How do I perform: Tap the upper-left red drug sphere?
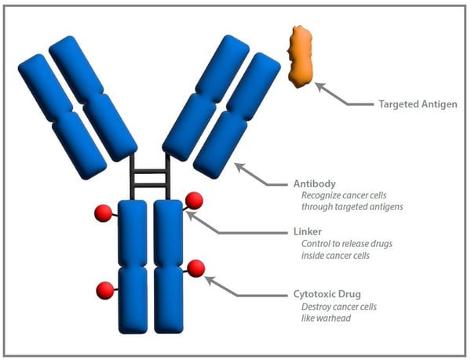103,213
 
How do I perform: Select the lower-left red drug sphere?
104,290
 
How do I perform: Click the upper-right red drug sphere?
194,201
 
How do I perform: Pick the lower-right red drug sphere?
195,268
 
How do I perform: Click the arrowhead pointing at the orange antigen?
319,86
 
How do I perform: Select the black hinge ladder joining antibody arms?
149,176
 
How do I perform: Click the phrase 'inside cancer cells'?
334,256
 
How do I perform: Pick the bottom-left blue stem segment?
132,299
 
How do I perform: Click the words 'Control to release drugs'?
346,244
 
